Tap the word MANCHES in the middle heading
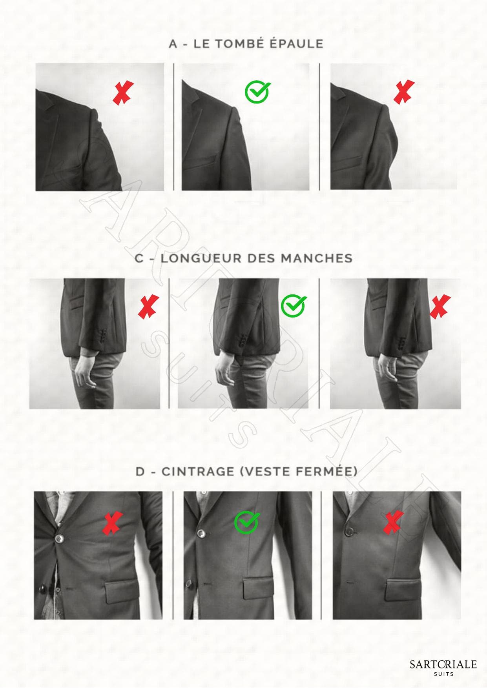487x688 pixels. [316, 258]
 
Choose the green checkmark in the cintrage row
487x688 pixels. [246, 522]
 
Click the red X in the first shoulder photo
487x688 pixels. [123, 93]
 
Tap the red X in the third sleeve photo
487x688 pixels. [440, 306]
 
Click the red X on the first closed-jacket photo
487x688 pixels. [112, 523]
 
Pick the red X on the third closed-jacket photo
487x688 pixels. [394, 522]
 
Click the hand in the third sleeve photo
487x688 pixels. [387, 369]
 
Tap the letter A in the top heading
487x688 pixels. [173, 44]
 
